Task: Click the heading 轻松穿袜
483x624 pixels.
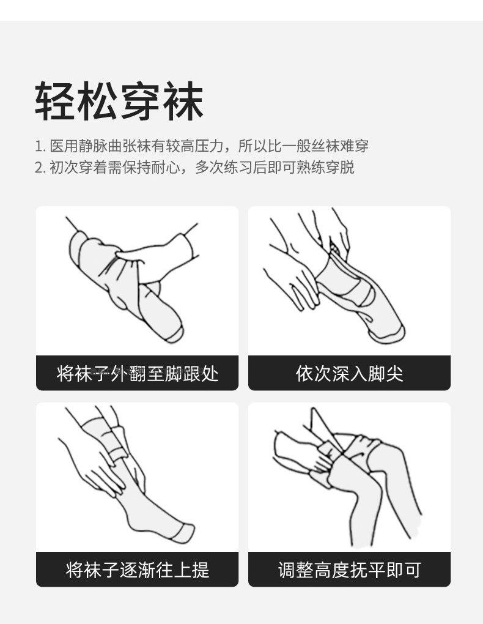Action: (x=119, y=100)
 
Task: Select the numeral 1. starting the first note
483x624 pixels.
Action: (x=40, y=147)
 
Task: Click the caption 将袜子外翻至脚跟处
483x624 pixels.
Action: (x=137, y=373)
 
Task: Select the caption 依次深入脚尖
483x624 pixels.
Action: (x=349, y=373)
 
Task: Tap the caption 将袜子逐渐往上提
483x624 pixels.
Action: (x=137, y=570)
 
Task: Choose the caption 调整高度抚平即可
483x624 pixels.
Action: (x=349, y=570)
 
